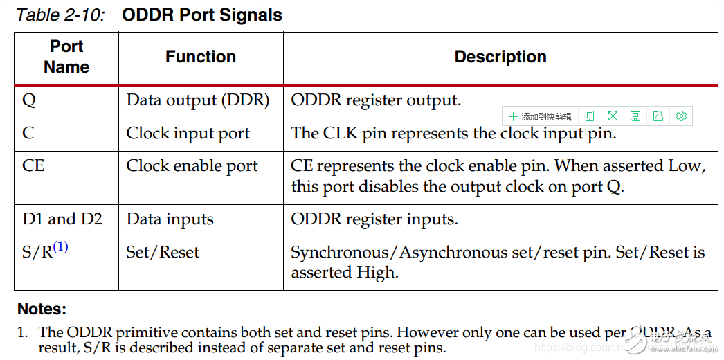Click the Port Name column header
66,57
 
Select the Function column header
201,57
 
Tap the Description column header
500,57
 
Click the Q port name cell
29,100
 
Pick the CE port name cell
34,166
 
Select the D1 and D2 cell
62,219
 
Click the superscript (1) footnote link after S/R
61,246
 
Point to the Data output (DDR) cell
197,100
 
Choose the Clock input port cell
188,134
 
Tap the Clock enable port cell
192,166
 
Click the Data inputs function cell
170,219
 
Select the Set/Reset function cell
163,253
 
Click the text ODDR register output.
376,100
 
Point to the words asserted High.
345,273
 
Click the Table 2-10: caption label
60,15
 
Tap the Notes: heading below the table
42,309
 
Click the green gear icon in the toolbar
681,116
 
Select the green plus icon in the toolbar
513,116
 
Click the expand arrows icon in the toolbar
613,116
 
